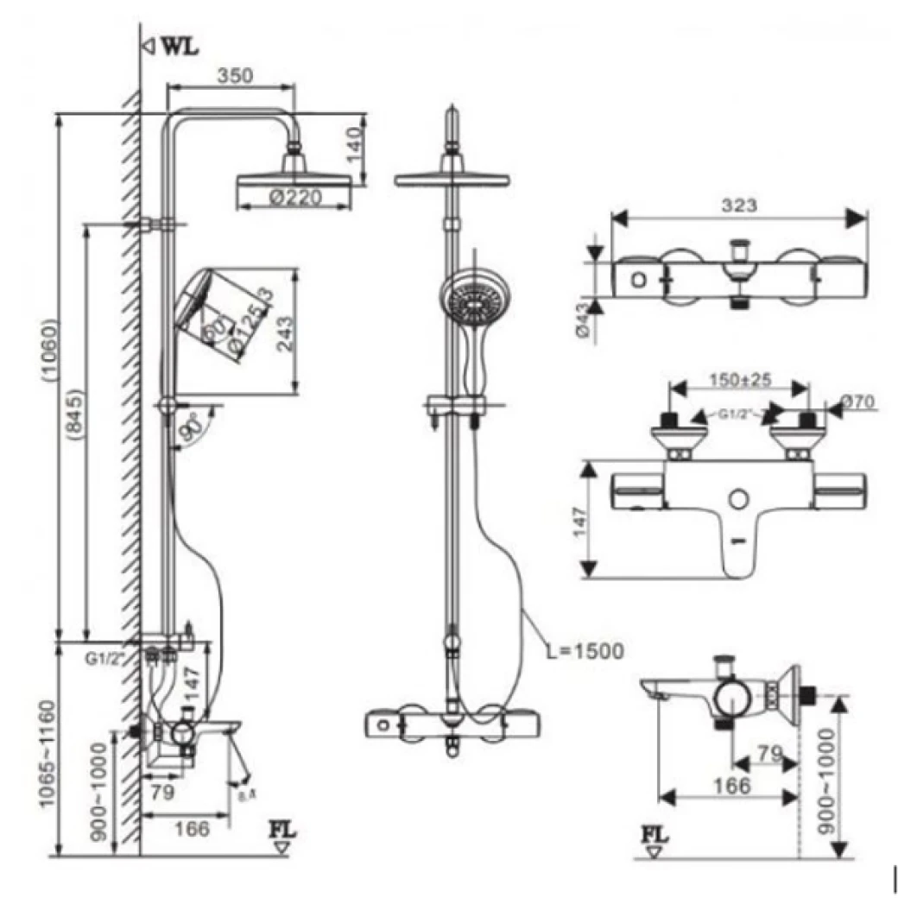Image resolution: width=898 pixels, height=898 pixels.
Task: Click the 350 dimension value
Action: click(234, 75)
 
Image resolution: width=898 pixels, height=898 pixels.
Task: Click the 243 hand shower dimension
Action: click(286, 331)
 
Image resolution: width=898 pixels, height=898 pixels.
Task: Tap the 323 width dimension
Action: click(739, 206)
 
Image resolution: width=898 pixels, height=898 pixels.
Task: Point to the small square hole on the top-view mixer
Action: click(637, 279)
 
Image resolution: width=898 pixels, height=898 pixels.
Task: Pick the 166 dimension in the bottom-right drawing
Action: click(732, 785)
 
